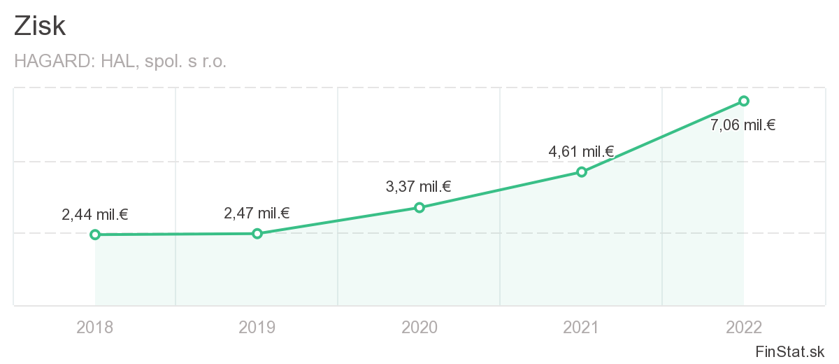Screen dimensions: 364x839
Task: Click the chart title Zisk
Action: [40, 27]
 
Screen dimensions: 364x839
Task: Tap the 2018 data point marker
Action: [95, 234]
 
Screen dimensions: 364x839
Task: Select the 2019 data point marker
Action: [257, 233]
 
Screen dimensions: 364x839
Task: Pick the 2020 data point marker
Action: [419, 207]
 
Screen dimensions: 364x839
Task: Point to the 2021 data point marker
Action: [582, 171]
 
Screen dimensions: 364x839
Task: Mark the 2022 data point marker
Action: [744, 101]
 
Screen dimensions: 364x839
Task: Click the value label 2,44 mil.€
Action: [95, 215]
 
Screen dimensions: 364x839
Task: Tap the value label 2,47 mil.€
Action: [257, 213]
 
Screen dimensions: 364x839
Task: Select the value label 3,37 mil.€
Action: [418, 187]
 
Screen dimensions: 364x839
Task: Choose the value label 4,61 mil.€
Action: [581, 151]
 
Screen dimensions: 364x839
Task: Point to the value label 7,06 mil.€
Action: [743, 126]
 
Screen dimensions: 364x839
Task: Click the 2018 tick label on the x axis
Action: [95, 327]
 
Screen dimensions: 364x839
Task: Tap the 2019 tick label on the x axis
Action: [257, 327]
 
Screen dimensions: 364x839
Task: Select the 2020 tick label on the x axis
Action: [419, 327]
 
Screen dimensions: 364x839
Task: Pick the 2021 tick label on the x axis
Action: [582, 327]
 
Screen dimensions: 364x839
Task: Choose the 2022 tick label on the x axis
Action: [744, 327]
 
